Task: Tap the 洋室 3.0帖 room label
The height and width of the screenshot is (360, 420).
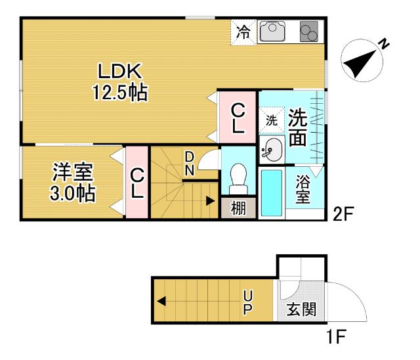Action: tap(73, 183)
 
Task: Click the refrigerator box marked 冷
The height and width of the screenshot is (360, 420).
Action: tap(243, 32)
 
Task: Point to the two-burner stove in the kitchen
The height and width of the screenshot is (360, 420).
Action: tap(308, 32)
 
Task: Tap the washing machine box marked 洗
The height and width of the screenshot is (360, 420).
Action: tap(271, 121)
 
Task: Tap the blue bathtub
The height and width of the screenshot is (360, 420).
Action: tap(271, 192)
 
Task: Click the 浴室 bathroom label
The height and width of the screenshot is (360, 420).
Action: tap(303, 189)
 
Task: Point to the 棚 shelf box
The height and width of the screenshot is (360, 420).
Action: tap(238, 208)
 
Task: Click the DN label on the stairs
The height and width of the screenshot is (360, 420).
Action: tap(188, 164)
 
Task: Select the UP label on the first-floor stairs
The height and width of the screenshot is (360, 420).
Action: tap(247, 302)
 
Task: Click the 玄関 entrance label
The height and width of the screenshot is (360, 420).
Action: tap(301, 308)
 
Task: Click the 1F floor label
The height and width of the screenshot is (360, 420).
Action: tap(336, 339)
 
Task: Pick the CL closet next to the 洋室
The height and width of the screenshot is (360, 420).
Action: tap(136, 184)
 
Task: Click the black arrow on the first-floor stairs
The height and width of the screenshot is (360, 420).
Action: tap(161, 302)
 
